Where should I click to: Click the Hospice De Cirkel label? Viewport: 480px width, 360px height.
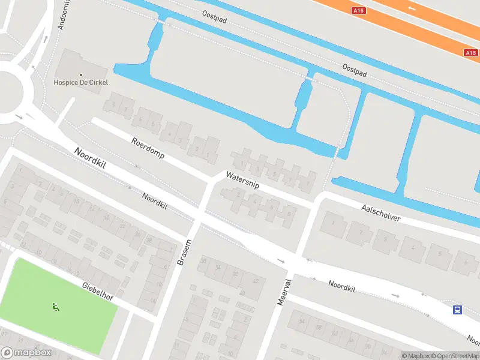[81, 82]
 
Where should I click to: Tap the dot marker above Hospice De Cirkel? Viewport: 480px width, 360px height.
[81, 74]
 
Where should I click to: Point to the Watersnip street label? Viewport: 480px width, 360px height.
[242, 181]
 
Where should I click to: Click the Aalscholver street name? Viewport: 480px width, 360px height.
[380, 212]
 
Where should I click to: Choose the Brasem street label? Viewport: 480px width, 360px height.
[184, 252]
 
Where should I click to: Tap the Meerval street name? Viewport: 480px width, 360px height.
[284, 292]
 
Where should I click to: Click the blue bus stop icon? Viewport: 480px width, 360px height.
[457, 310]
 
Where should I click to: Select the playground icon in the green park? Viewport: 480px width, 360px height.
[55, 308]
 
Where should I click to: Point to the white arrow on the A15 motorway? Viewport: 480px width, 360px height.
[411, 8]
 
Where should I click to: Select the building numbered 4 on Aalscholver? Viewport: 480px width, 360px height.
[413, 247]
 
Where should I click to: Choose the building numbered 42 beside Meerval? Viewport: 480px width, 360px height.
[254, 282]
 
